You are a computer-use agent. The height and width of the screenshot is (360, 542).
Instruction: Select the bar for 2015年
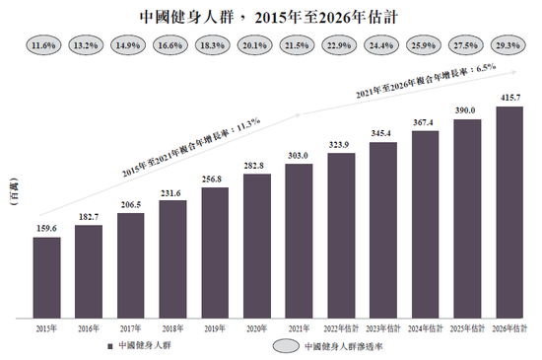[x=45, y=278]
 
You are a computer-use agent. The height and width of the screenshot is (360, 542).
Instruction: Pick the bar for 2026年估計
[x=509, y=212]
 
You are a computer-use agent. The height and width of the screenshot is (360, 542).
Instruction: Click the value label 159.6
[x=45, y=229]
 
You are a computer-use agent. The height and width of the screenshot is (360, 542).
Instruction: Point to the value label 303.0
[x=299, y=156]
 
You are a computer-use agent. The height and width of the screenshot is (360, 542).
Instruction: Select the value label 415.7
[x=509, y=99]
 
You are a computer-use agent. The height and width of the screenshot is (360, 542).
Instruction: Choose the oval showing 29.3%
[x=509, y=46]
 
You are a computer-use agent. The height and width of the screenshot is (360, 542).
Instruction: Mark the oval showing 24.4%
[x=382, y=46]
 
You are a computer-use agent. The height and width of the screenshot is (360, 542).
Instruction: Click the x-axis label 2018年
[x=171, y=328]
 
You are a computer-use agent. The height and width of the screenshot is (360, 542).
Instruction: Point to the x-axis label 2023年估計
[x=382, y=328]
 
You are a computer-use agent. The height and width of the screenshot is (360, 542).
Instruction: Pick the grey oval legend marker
[x=286, y=346]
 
